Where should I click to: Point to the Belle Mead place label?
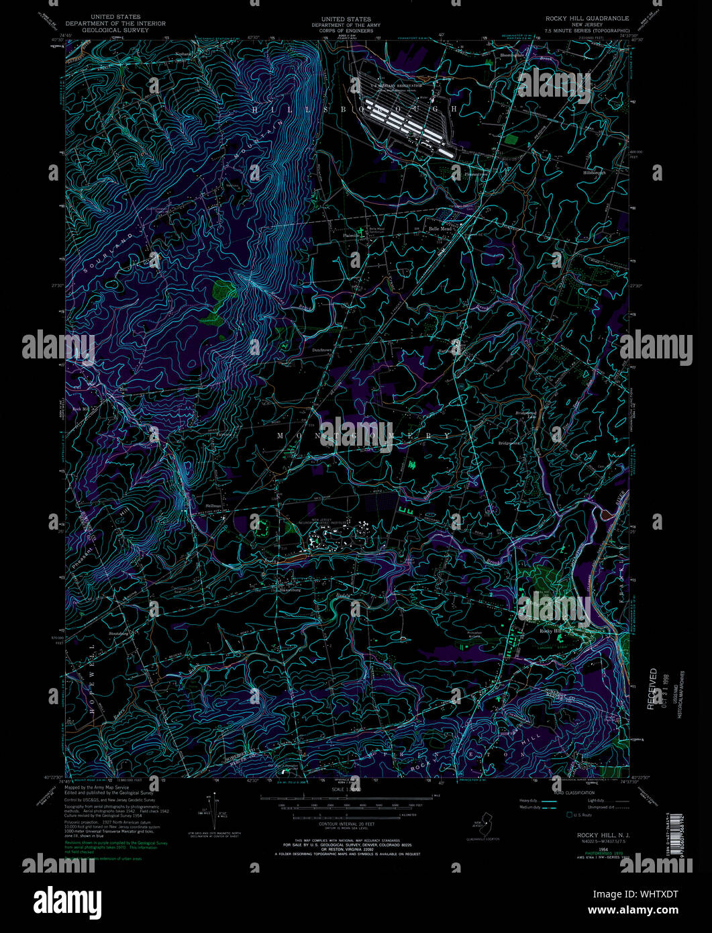tap(441, 229)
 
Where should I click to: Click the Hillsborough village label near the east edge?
tap(594, 173)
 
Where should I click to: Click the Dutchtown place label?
tap(322, 350)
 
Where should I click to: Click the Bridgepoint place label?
tap(510, 443)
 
